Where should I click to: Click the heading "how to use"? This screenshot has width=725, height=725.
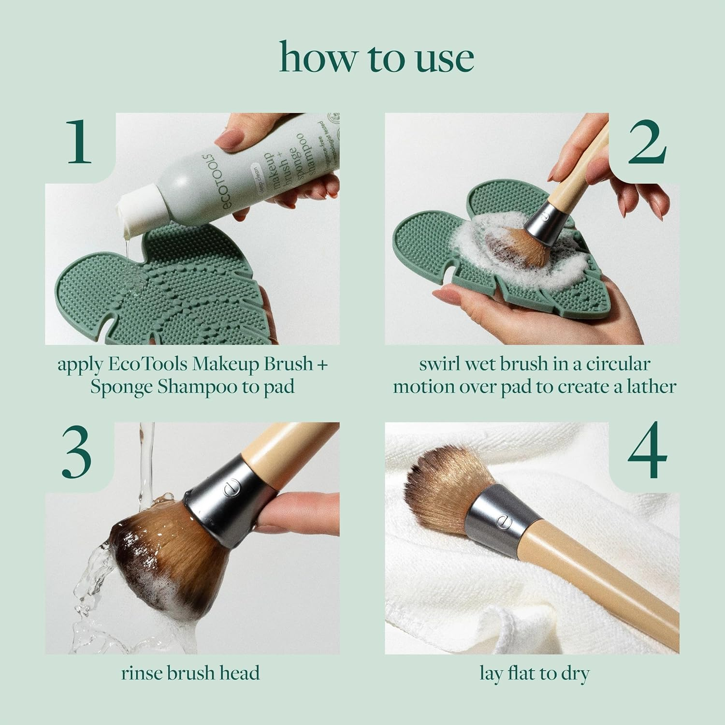(377, 58)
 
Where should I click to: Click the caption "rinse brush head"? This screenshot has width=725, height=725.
(190, 673)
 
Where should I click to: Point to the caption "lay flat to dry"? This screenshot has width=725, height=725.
(534, 673)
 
